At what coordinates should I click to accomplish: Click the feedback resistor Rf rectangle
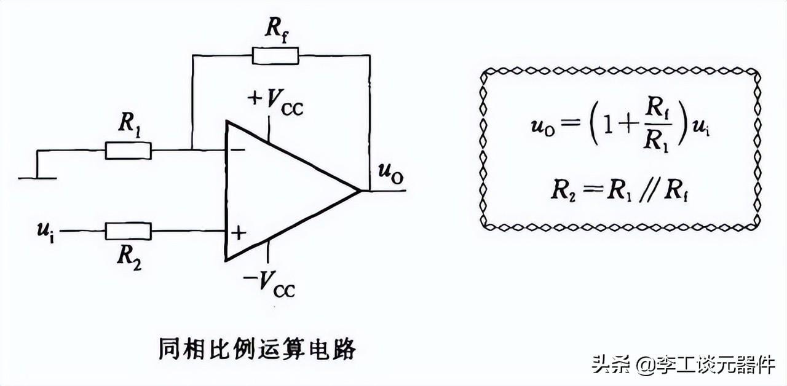275,56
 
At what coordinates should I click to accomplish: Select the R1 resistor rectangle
128,150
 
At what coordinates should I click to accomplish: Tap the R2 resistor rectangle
128,231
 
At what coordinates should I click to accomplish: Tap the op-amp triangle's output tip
359,190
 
